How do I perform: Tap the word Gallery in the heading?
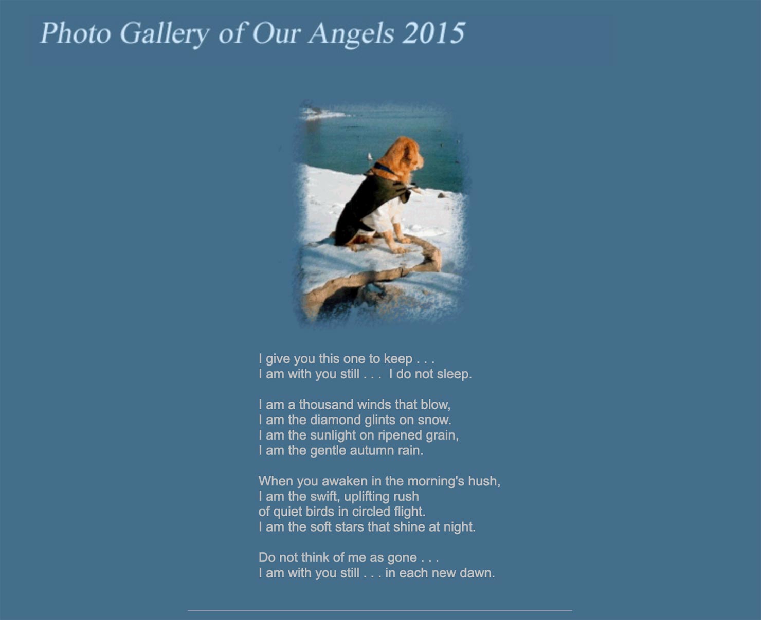[x=166, y=35]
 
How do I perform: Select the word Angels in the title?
[x=352, y=35]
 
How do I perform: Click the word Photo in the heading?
[x=76, y=33]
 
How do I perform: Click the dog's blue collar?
[x=384, y=168]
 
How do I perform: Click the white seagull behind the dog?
[x=370, y=156]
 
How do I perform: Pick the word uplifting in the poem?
[x=367, y=497]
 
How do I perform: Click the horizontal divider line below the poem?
[x=380, y=610]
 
